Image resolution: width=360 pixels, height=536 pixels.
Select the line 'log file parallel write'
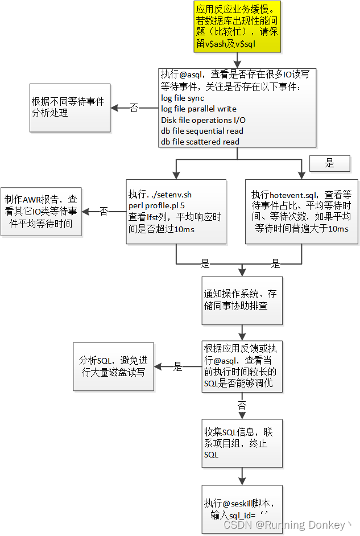tap(198, 109)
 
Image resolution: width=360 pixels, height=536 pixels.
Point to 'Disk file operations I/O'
tap(203, 119)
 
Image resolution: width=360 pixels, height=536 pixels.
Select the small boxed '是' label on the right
tap(330, 163)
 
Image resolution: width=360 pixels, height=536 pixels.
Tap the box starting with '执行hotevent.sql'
tap(301, 212)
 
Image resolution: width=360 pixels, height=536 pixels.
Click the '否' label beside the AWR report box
tap(104, 211)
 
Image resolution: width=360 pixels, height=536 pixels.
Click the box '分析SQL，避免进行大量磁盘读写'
tap(113, 366)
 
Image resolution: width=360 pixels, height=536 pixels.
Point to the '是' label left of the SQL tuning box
tap(177, 367)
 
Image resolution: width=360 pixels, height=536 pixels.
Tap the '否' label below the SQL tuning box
tap(242, 406)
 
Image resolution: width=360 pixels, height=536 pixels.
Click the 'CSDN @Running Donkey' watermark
tap(287, 525)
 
